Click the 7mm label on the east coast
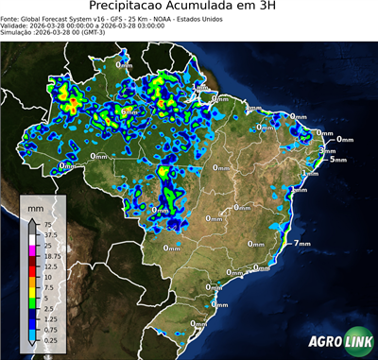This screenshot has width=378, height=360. tap(303, 243)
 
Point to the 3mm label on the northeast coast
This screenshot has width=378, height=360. tap(328, 150)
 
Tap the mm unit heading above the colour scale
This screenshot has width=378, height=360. tap(35, 206)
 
